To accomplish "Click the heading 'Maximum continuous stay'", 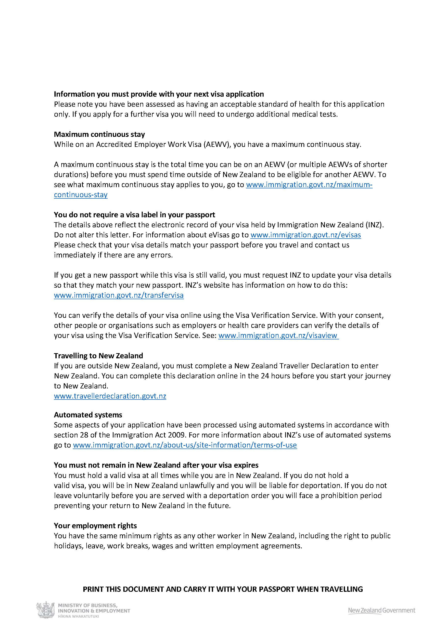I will pyautogui.click(x=99, y=134).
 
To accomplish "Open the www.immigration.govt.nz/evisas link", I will pyautogui.click(x=306, y=235).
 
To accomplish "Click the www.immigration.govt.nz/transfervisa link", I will pyautogui.click(x=119, y=296).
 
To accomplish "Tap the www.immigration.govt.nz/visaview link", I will pyautogui.click(x=278, y=335).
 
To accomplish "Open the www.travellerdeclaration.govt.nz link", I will pyautogui.click(x=110, y=396).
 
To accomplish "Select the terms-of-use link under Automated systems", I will pyautogui.click(x=185, y=445).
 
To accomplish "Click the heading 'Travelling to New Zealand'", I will pyautogui.click(x=98, y=356).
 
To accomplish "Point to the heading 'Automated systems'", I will pyautogui.click(x=88, y=415).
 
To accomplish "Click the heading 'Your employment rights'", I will pyautogui.click(x=95, y=526).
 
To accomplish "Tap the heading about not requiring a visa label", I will pyautogui.click(x=134, y=215).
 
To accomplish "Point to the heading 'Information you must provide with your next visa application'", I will pyautogui.click(x=159, y=94).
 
